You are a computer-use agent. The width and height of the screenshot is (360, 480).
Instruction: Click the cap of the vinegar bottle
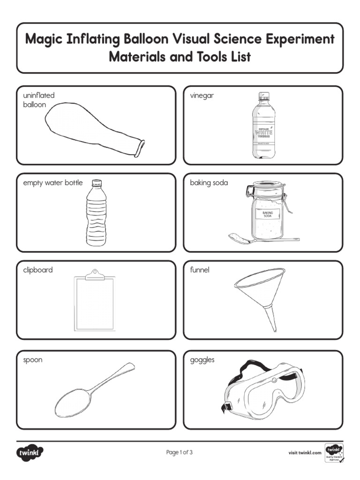pyautogui.click(x=264, y=97)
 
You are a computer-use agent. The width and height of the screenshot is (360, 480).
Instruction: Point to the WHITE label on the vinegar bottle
pyautogui.click(x=264, y=133)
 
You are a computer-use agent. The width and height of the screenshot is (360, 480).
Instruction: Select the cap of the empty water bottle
pyautogui.click(x=97, y=182)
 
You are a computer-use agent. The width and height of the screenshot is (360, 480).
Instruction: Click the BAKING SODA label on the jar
pyautogui.click(x=268, y=214)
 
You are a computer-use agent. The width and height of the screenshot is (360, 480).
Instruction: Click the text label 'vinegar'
pyautogui.click(x=202, y=96)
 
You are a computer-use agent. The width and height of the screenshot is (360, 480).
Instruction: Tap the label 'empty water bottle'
pyautogui.click(x=53, y=183)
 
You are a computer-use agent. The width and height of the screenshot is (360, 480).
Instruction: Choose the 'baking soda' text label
pyautogui.click(x=209, y=183)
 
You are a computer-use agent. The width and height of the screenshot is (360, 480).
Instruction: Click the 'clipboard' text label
pyautogui.click(x=38, y=270)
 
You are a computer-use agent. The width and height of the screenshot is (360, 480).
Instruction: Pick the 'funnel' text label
pyautogui.click(x=200, y=270)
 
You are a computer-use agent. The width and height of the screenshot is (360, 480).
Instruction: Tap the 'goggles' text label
pyautogui.click(x=202, y=360)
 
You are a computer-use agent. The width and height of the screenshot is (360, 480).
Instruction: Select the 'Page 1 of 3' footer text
pyautogui.click(x=180, y=452)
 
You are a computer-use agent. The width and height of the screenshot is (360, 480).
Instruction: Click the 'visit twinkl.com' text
pyautogui.click(x=305, y=453)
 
